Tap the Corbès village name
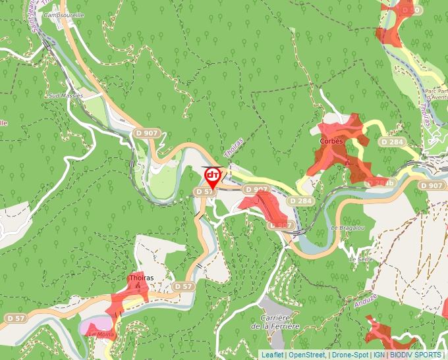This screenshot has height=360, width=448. click(x=331, y=141)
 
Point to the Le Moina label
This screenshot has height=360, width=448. click(x=101, y=334)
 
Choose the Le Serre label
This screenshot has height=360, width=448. click(x=361, y=259)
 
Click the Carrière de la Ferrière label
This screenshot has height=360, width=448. click(x=275, y=322)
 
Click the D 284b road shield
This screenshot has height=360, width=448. click(x=380, y=182)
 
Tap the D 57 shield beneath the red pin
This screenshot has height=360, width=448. click(x=205, y=192)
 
